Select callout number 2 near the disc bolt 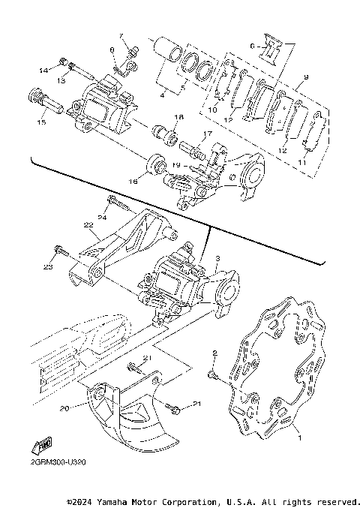214,353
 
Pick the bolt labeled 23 57,251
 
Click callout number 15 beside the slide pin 40,122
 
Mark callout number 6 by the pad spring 253,46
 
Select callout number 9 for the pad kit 306,77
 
